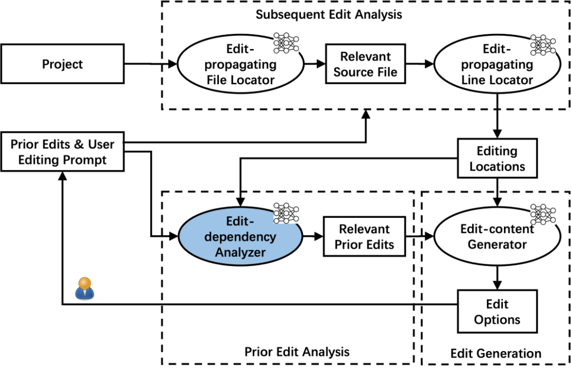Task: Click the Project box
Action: (62, 64)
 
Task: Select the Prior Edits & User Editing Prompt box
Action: (62, 152)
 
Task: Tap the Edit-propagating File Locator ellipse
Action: (241, 64)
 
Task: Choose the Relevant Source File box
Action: (365, 64)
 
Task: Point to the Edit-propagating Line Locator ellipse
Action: (497, 64)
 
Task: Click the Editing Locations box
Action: (497, 158)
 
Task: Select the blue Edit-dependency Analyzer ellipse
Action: (241, 236)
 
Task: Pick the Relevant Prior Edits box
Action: (364, 236)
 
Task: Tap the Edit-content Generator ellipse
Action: (497, 236)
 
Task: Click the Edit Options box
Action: (497, 311)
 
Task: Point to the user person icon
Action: (85, 288)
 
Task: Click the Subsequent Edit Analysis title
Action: (329, 15)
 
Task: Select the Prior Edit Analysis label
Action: (297, 352)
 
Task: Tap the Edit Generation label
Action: (495, 353)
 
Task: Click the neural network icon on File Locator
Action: (286, 43)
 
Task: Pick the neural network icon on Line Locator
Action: (543, 45)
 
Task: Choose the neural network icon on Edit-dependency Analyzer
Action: (286, 213)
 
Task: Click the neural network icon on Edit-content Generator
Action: (543, 214)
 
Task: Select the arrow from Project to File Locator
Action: (151, 64)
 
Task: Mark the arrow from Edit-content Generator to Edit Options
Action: (497, 278)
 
